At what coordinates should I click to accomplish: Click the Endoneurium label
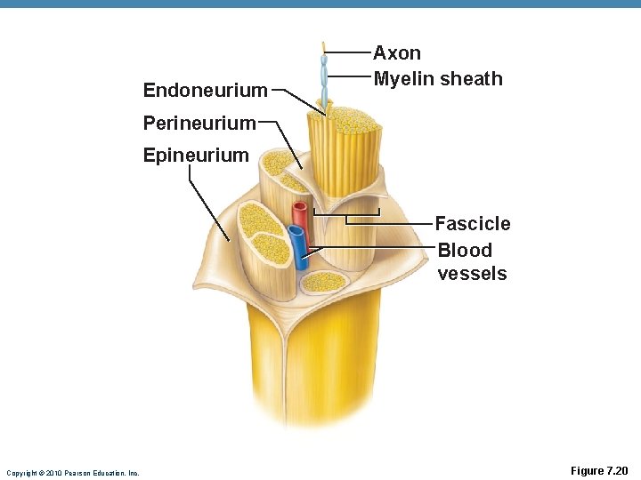click(x=205, y=90)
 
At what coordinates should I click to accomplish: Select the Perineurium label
click(x=199, y=123)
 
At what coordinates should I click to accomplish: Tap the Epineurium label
click(x=196, y=156)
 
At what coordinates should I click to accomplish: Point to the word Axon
click(x=397, y=53)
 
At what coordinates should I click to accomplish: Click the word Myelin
click(x=402, y=79)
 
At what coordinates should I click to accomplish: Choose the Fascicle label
click(x=472, y=224)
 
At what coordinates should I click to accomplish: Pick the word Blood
click(x=465, y=251)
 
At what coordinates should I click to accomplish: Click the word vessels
click(x=472, y=274)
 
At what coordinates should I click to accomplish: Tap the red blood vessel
click(x=300, y=217)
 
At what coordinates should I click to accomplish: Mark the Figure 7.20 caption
click(x=598, y=471)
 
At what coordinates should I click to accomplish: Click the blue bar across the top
click(x=320, y=4)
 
